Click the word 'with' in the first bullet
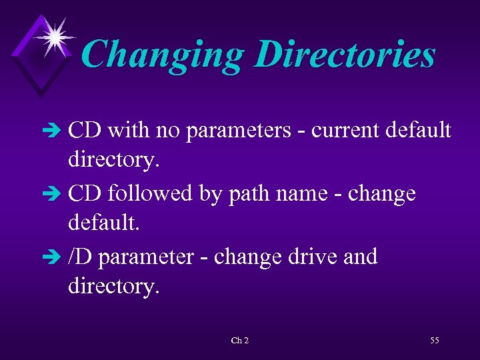129,131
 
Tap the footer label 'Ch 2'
240,341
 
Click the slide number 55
435,341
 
